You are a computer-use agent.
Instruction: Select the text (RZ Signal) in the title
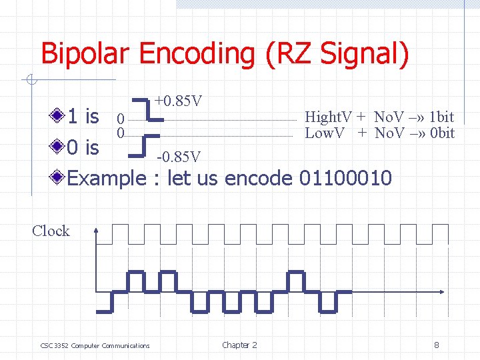pos(337,53)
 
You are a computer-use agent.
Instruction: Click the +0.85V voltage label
pos(179,102)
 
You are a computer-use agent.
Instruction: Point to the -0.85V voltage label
pos(178,157)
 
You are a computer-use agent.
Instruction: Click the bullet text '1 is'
pos(83,117)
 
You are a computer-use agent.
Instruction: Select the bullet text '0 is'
pos(83,147)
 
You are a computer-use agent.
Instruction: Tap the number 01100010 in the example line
pos(346,179)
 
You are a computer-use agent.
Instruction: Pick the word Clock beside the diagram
pos(51,231)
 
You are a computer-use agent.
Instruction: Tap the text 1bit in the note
pos(441,118)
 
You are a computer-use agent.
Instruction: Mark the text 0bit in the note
pos(441,133)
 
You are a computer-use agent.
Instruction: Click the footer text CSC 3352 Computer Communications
pos(95,345)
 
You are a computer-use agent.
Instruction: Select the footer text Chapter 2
pos(239,345)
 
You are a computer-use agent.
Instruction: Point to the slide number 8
pos(436,345)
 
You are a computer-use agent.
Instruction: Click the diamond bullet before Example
pos(60,178)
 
